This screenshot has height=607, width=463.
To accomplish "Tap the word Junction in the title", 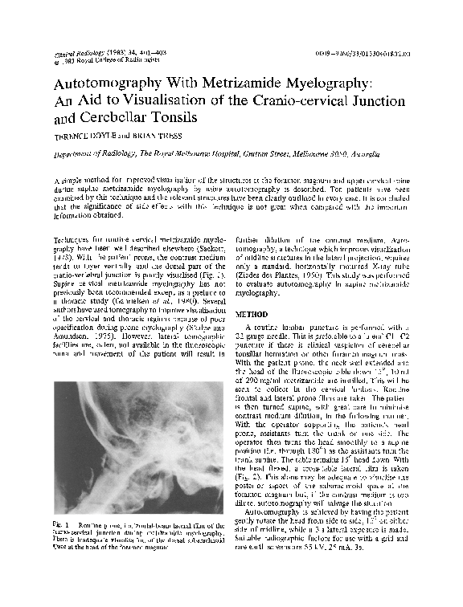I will [402, 103].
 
